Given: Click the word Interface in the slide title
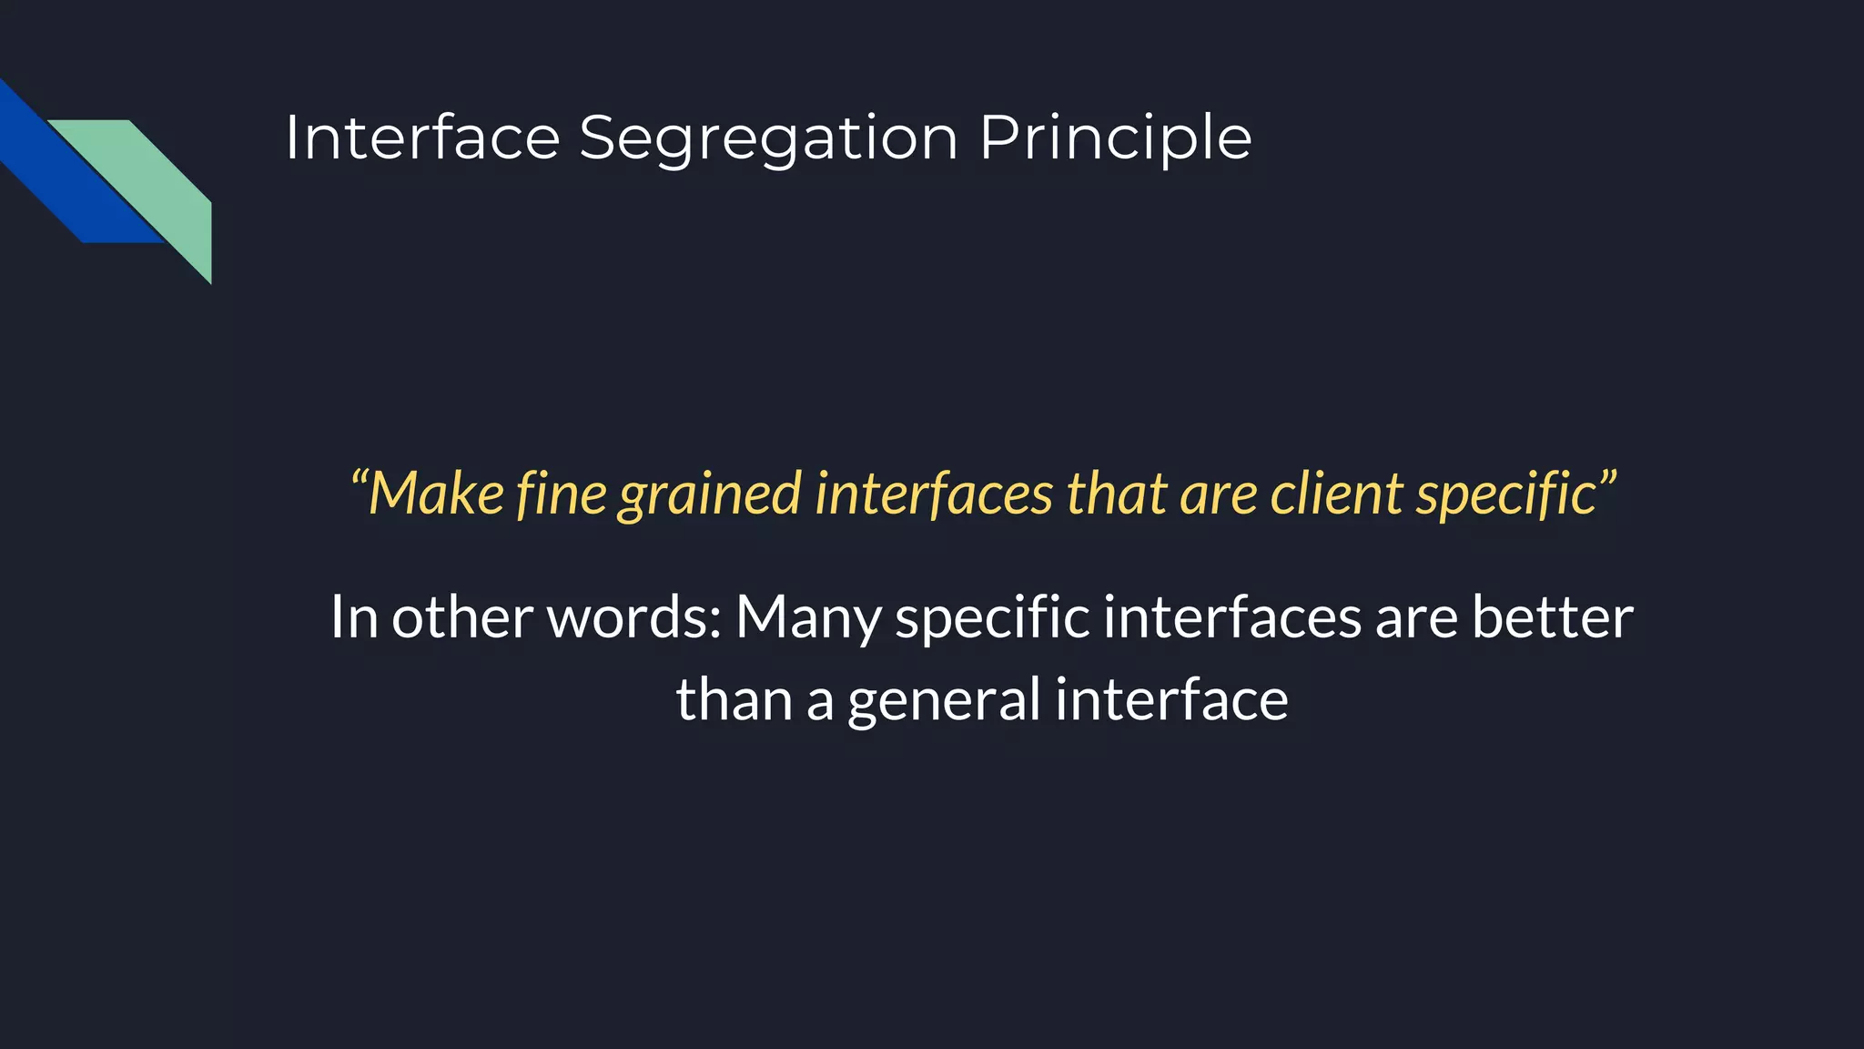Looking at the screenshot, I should pos(422,138).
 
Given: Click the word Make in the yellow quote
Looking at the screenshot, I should pos(437,494).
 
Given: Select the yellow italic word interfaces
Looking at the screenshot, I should pos(934,494).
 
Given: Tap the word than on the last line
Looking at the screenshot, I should pos(734,699).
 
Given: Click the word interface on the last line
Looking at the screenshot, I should pos(1171,699).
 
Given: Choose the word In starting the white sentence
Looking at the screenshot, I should pos(353,617).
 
